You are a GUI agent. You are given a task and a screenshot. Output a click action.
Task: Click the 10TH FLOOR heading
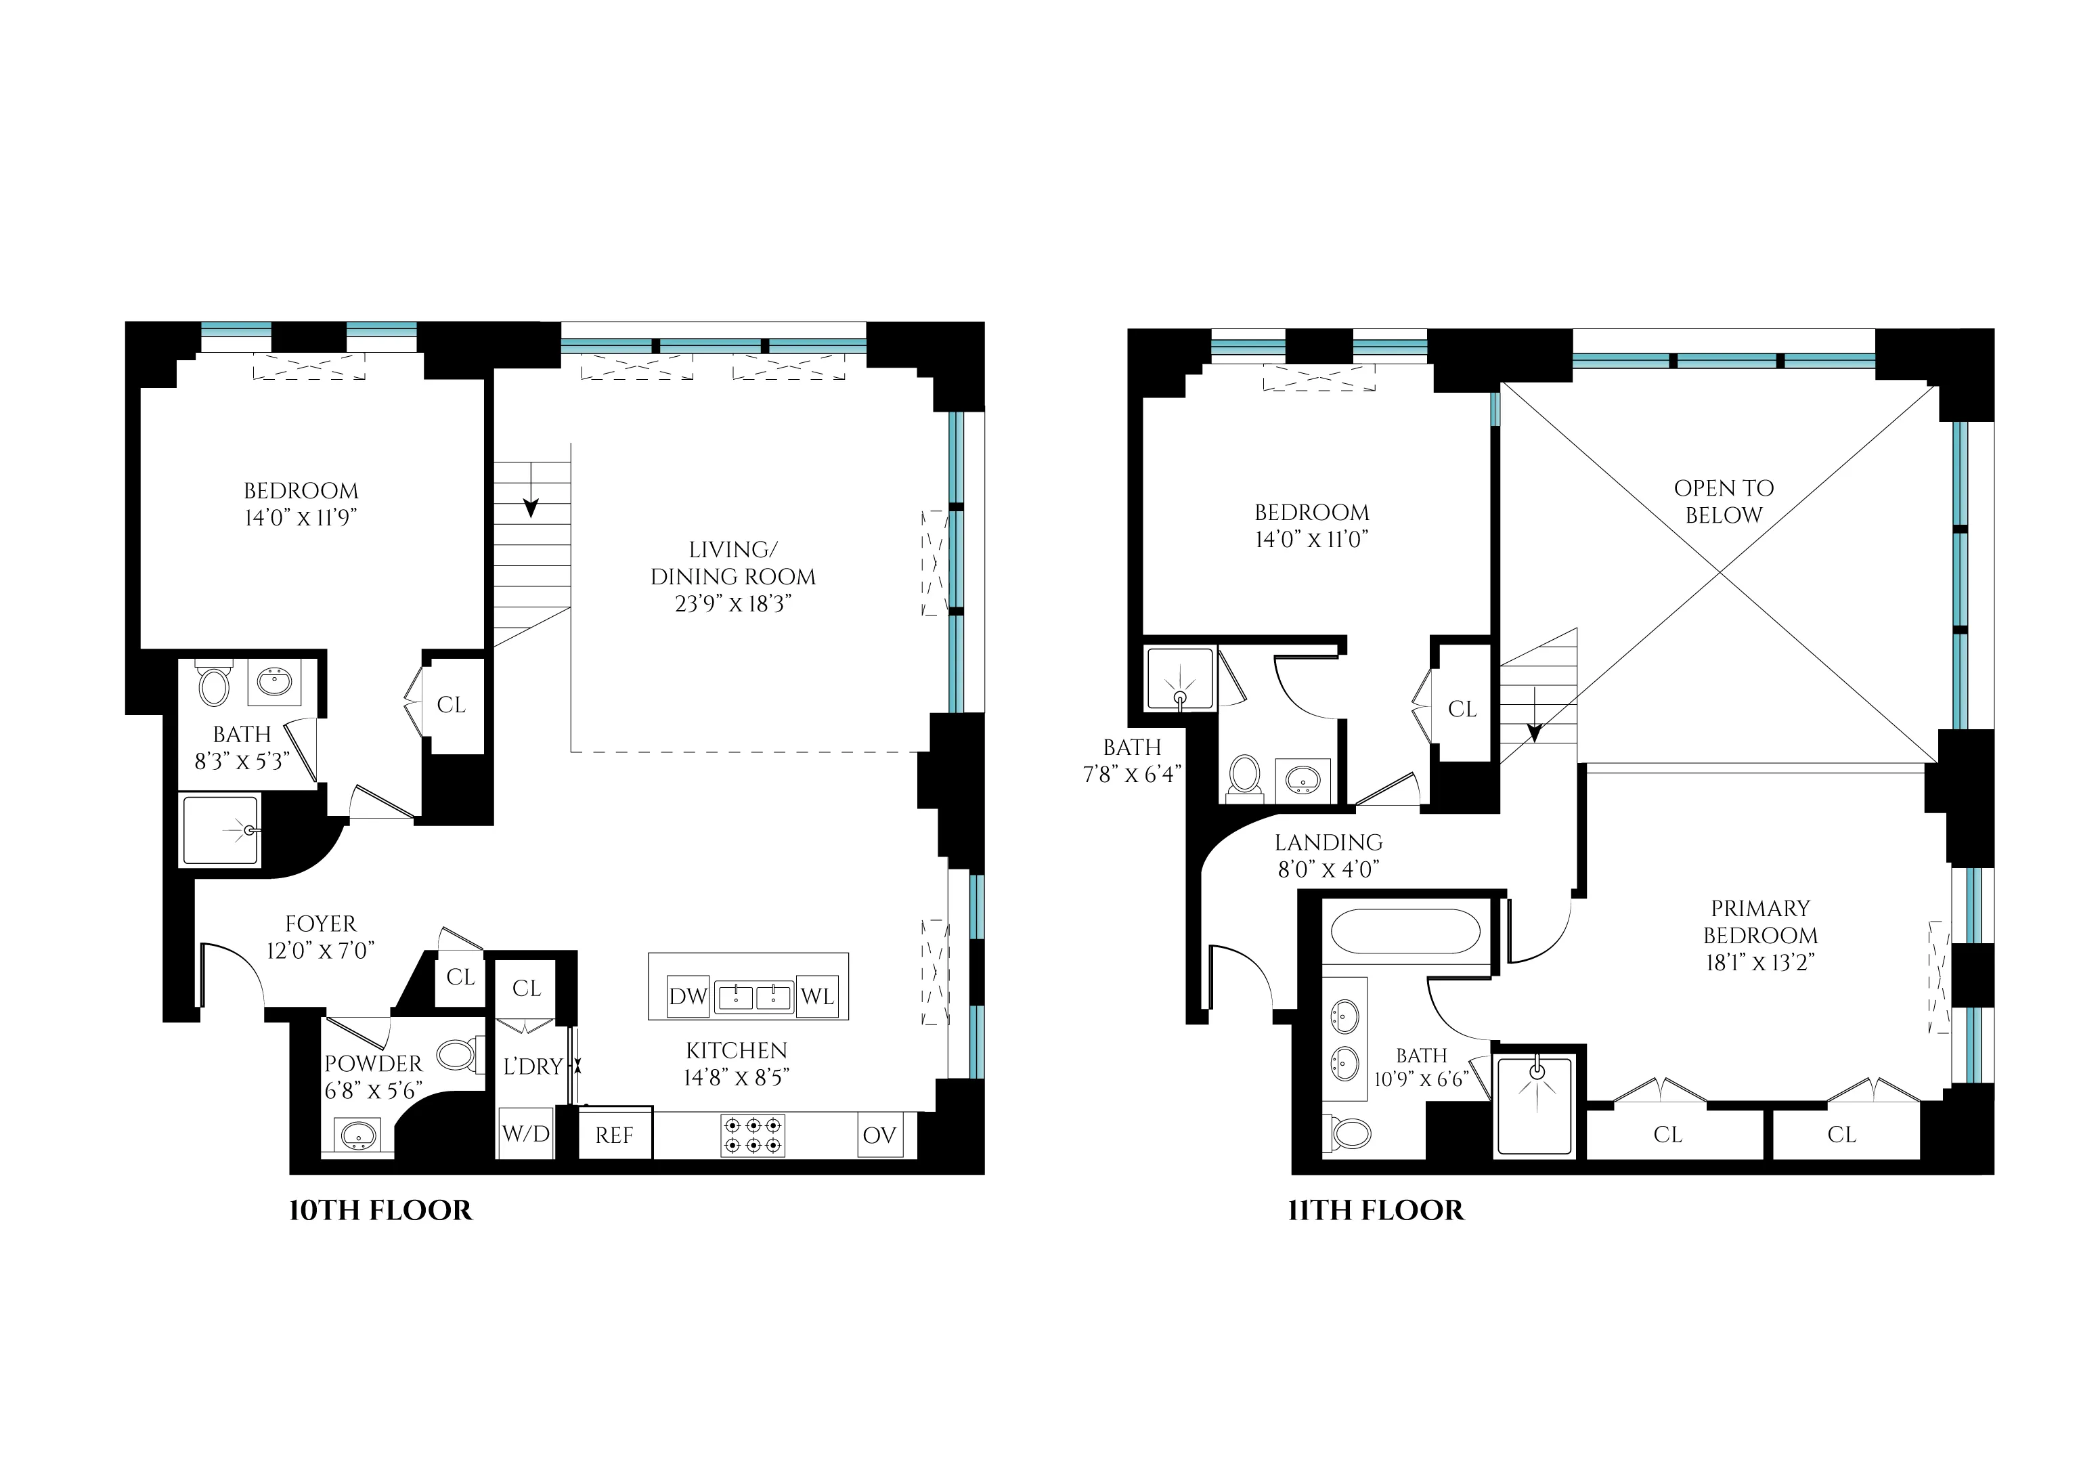point(380,1211)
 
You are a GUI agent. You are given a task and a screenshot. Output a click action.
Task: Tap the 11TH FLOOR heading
point(1376,1211)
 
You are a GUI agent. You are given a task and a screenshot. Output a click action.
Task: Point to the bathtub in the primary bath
point(1405,931)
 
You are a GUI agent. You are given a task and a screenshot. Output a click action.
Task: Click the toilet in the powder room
point(455,1055)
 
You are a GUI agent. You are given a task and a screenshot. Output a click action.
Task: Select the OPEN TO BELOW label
point(1723,501)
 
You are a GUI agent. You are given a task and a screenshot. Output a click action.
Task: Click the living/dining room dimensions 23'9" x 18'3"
point(733,605)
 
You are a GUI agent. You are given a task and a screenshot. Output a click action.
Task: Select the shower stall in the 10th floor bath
point(220,829)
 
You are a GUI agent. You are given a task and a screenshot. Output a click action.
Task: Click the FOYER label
point(321,924)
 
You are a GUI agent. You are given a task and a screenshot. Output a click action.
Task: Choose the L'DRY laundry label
point(533,1067)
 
